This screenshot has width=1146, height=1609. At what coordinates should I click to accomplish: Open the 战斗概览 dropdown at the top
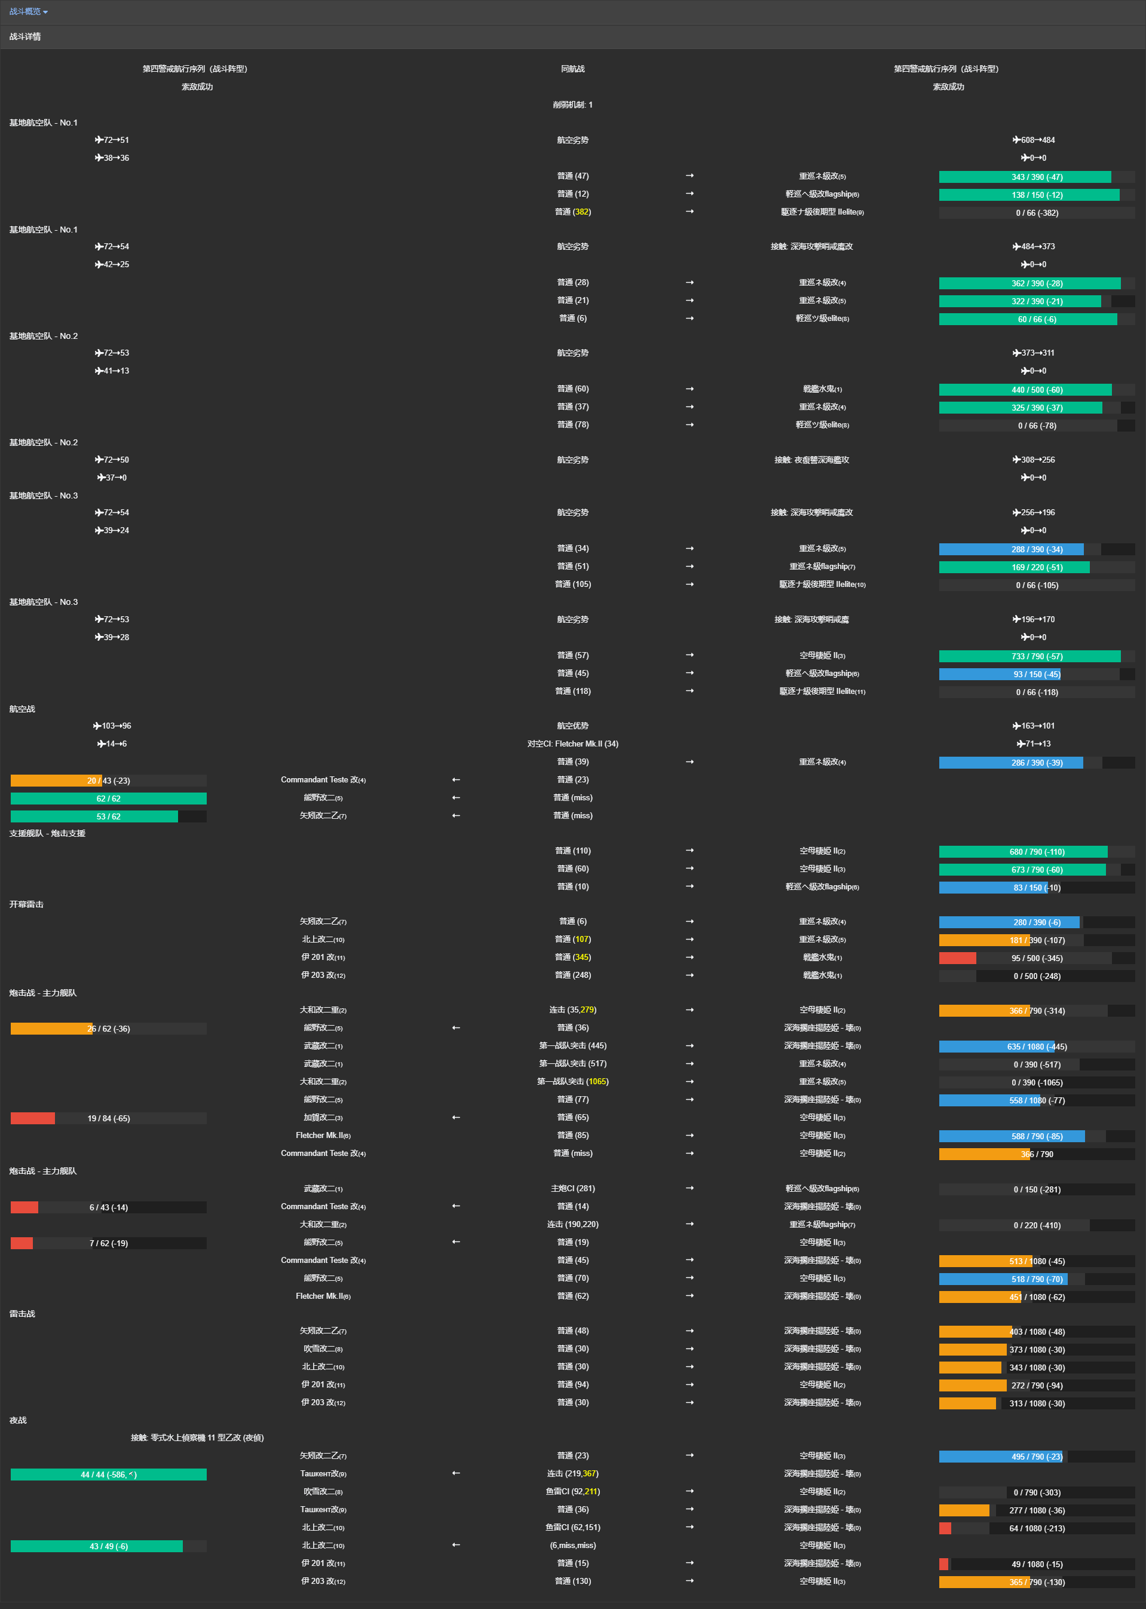click(28, 12)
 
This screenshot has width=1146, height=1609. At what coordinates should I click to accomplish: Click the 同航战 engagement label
click(572, 69)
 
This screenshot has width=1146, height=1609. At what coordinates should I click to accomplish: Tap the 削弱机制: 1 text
click(572, 105)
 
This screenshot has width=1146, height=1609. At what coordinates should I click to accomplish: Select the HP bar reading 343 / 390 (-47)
click(1036, 177)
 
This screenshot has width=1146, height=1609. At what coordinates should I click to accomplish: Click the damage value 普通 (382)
click(572, 212)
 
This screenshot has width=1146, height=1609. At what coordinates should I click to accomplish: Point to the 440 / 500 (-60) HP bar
click(1036, 390)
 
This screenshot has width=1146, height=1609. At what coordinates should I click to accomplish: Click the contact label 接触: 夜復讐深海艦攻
click(811, 460)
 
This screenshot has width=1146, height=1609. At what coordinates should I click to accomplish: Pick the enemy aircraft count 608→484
click(1034, 140)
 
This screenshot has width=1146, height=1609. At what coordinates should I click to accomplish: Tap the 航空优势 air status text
click(572, 726)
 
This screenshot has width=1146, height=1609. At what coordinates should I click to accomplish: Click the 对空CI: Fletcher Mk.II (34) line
click(572, 744)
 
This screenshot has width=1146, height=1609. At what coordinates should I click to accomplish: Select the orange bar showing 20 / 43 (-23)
click(108, 781)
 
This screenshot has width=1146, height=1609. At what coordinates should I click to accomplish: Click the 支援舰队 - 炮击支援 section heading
click(47, 833)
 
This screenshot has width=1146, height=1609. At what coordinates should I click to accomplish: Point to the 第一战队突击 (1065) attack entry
click(572, 1082)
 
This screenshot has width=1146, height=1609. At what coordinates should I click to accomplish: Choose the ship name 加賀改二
click(323, 1118)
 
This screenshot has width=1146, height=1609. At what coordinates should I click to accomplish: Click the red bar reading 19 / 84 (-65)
click(108, 1118)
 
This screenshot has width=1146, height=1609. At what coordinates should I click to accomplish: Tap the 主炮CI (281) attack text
click(572, 1189)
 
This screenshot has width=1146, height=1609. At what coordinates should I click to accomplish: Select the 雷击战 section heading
click(22, 1314)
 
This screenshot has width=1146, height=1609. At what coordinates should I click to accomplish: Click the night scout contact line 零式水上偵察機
click(197, 1438)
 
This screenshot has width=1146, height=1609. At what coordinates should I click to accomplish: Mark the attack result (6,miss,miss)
click(572, 1546)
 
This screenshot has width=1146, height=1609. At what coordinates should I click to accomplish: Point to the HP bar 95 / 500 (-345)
click(1036, 958)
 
